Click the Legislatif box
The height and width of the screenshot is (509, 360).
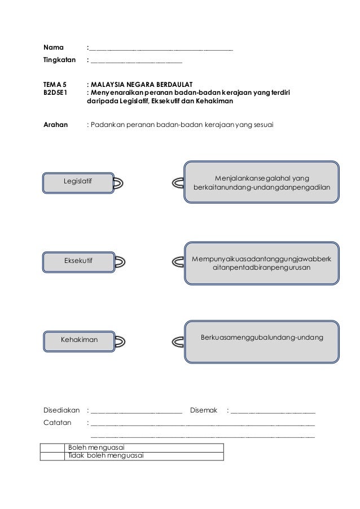(x=78, y=181)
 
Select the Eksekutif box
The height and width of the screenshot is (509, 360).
(x=78, y=260)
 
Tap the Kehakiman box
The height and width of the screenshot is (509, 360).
(x=79, y=340)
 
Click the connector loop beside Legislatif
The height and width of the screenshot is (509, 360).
(x=120, y=182)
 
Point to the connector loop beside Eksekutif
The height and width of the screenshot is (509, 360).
(x=120, y=261)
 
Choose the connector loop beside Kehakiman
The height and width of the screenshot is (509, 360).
(x=120, y=340)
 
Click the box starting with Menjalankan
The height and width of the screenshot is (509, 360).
(x=262, y=182)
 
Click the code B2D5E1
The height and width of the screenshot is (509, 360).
(x=57, y=92)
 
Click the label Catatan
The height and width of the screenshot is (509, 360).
(x=58, y=422)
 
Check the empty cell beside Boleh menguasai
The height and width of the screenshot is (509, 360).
(x=52, y=447)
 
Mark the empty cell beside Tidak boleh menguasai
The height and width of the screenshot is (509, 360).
(x=52, y=456)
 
